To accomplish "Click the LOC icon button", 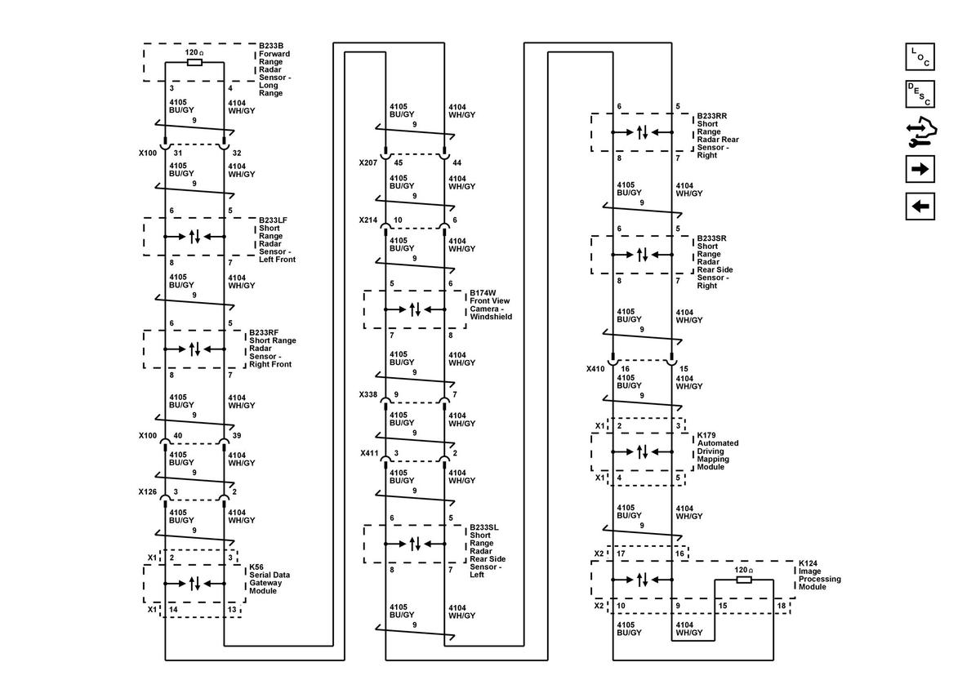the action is (920, 57).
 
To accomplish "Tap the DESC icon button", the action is (920, 94).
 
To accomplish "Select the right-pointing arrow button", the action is (920, 169).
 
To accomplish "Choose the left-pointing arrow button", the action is (920, 206).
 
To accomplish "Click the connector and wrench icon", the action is (921, 131).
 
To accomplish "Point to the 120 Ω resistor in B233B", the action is (194, 63).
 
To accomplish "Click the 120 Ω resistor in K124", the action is (744, 580).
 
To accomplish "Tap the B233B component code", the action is (271, 46).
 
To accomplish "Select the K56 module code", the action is (256, 567).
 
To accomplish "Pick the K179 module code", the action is (706, 435).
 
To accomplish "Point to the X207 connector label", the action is (368, 162).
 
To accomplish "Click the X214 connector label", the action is (368, 220).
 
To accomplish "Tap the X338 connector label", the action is (368, 394).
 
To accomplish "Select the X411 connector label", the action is (369, 453).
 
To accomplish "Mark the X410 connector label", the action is (595, 369).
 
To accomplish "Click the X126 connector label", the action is (148, 491).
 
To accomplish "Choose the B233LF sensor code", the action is (273, 220).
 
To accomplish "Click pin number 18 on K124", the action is (782, 606).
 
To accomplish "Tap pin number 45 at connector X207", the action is (399, 162).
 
